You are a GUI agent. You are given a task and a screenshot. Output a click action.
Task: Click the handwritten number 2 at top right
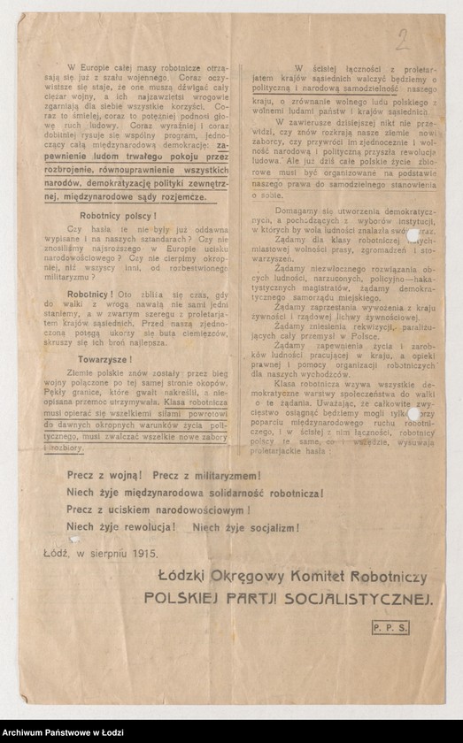click(x=402, y=39)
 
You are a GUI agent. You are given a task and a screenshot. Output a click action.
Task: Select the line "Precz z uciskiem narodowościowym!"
click(x=158, y=509)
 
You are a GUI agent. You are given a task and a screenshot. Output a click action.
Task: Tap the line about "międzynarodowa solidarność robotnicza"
click(x=196, y=492)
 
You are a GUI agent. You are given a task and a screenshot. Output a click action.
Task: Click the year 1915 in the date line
click(x=143, y=554)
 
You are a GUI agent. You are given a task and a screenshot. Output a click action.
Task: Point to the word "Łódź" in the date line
click(x=54, y=554)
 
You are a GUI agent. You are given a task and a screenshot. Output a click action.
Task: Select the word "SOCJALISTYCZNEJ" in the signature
click(x=353, y=598)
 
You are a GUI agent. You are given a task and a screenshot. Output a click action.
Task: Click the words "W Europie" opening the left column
click(x=81, y=66)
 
